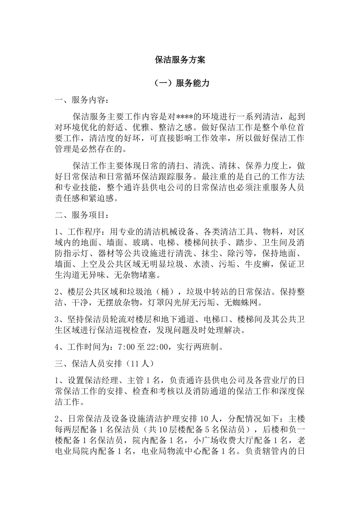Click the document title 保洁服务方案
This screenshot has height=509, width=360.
(x=180, y=60)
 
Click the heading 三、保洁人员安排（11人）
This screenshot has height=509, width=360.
(x=105, y=363)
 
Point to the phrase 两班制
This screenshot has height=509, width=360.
(x=206, y=347)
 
